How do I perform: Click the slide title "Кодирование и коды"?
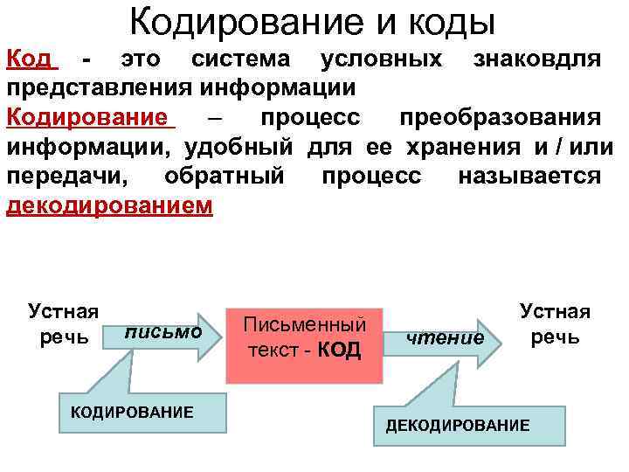[312, 21]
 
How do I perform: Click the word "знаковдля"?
[536, 60]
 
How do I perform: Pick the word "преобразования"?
[499, 118]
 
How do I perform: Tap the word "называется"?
[529, 177]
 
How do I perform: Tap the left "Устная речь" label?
[63, 323]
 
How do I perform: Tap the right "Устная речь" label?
[556, 323]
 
